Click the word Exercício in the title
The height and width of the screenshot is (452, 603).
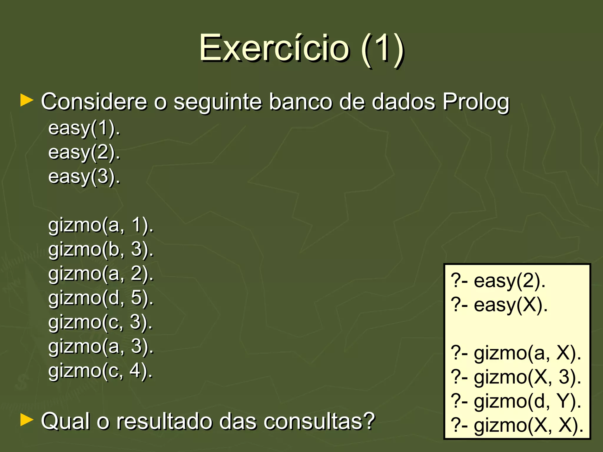[274, 48]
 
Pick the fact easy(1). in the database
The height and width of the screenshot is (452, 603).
[84, 128]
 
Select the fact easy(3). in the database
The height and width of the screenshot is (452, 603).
[84, 177]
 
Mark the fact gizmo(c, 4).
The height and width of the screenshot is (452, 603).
[100, 370]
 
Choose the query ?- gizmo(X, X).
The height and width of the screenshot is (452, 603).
[517, 425]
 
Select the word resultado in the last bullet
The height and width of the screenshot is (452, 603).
[165, 421]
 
